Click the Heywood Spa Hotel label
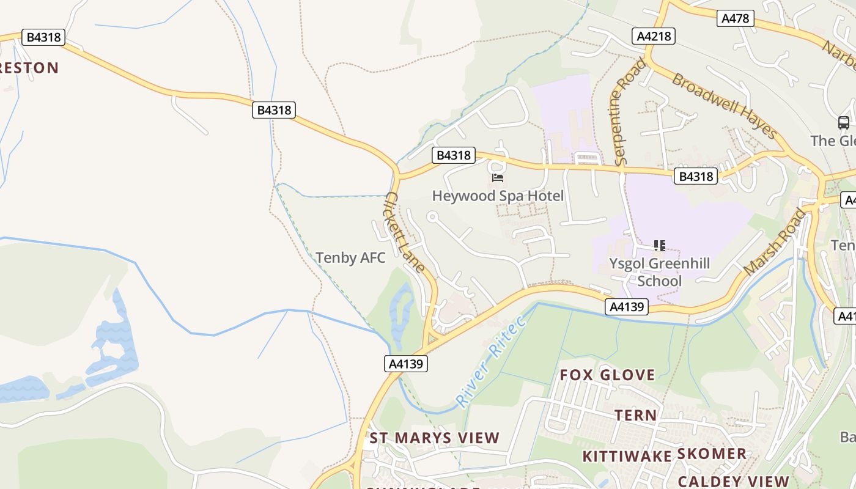498,196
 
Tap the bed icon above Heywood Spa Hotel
498,178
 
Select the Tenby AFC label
351,258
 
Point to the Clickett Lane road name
405,232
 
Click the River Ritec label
490,361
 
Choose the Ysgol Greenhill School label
659,272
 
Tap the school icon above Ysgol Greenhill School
659,246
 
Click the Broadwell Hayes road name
725,106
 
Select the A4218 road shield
654,36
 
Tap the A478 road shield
735,18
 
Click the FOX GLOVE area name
608,375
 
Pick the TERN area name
636,416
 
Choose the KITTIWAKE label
627,457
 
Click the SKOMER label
712,454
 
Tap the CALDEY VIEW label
733,481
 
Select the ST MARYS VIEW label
435,438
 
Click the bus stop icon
844,123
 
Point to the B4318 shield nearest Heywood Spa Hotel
453,155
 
